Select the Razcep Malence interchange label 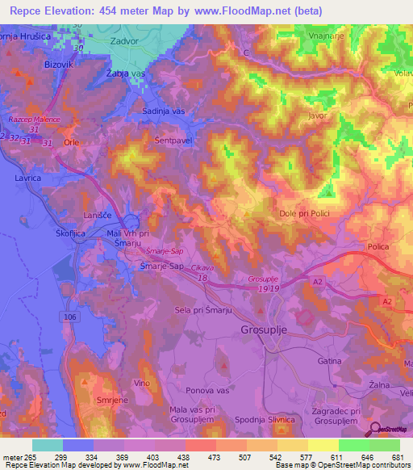coord(35,120)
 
